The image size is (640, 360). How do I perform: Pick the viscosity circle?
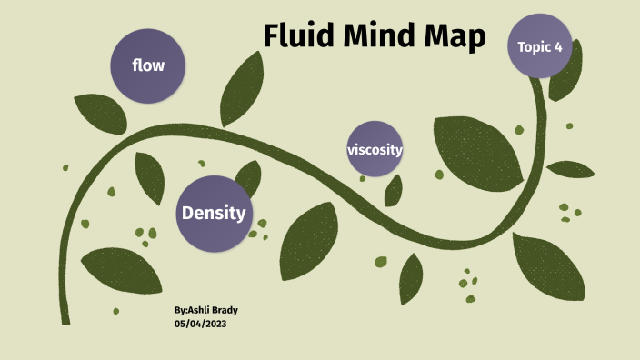click(x=375, y=148)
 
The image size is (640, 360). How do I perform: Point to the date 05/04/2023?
click(x=200, y=324)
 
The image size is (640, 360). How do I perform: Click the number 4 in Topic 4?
click(x=558, y=46)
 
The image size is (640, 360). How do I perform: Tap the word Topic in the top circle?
click(x=534, y=46)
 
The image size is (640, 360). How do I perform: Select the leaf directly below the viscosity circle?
click(x=394, y=190)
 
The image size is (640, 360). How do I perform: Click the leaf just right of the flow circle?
click(x=244, y=89)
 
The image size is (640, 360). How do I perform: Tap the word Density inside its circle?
click(x=214, y=214)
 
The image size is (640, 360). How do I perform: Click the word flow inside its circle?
click(x=148, y=65)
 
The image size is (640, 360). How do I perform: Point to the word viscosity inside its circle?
click(x=375, y=149)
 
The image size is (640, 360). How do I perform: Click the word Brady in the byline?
click(x=225, y=310)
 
